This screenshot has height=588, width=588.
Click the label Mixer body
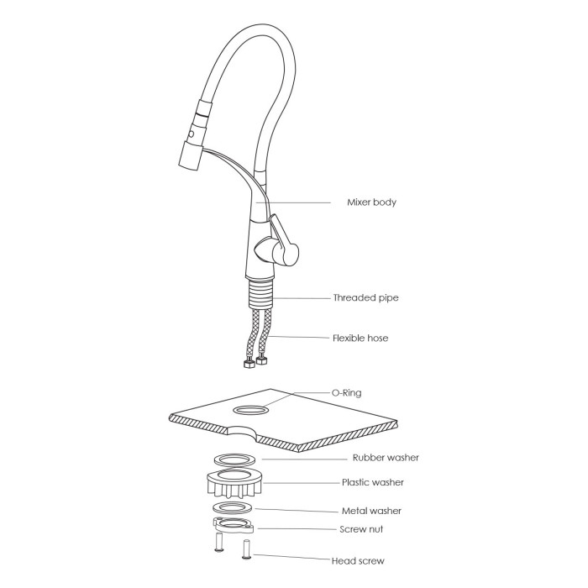(371, 202)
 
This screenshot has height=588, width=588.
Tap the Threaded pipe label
(365, 297)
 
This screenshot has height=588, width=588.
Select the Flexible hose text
(360, 339)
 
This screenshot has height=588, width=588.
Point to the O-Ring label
(346, 393)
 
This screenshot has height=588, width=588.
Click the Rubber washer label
(386, 458)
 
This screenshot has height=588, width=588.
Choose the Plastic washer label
(373, 482)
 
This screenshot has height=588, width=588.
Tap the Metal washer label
(371, 511)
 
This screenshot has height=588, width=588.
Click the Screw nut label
(361, 529)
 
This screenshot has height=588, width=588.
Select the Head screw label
(358, 561)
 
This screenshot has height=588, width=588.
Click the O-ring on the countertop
(251, 410)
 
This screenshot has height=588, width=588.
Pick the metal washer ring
(233, 508)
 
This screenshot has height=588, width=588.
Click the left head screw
(219, 543)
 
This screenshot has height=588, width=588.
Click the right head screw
(247, 549)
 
